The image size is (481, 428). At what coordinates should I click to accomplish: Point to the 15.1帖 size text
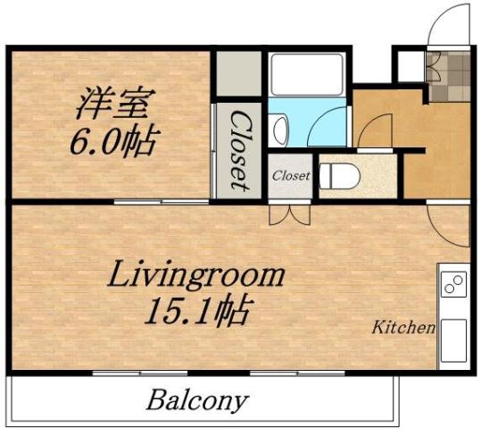[197, 312]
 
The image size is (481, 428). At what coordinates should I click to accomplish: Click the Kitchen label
[403, 327]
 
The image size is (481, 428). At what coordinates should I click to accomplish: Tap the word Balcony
[197, 399]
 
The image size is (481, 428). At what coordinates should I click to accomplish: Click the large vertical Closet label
[238, 149]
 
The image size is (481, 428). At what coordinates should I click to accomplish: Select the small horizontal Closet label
[291, 176]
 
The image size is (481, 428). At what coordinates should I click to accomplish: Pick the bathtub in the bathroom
[306, 74]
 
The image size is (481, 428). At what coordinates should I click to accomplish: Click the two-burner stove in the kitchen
[452, 285]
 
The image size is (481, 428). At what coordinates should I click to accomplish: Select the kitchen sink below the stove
[452, 337]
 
